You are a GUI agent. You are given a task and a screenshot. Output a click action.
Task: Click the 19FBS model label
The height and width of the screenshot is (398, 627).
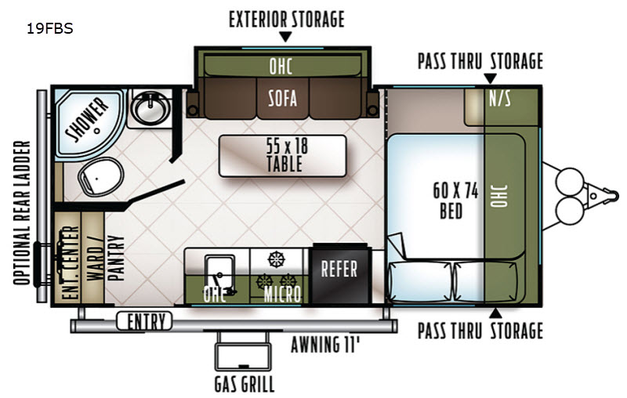click(50, 29)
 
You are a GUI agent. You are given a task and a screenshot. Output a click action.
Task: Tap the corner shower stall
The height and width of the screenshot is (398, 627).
click(88, 122)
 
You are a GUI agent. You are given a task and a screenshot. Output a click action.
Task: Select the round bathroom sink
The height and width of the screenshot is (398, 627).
click(150, 107)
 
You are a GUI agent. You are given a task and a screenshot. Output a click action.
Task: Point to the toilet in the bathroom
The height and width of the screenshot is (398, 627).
click(100, 176)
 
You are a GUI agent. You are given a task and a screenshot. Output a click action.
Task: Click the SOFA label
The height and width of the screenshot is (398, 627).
click(283, 98)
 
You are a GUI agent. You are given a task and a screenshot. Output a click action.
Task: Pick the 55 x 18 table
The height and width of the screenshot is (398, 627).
click(283, 156)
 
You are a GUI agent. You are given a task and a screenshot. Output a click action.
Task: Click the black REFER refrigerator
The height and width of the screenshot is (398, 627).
click(340, 273)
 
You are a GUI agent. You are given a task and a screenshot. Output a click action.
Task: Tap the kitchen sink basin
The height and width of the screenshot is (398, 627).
click(219, 272)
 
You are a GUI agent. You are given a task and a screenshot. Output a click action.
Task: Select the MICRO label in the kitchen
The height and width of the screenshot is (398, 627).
click(282, 295)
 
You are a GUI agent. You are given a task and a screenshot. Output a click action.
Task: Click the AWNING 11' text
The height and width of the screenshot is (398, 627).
click(325, 345)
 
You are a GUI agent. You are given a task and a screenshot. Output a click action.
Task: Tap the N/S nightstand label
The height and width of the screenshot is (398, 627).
click(500, 98)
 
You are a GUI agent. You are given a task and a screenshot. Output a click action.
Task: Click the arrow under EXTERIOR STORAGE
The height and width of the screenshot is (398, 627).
click(285, 37)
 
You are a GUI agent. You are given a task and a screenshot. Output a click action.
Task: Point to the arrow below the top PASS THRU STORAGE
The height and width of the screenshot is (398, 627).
click(491, 78)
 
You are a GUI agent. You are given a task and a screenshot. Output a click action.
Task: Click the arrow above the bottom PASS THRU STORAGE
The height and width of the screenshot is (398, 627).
click(495, 313)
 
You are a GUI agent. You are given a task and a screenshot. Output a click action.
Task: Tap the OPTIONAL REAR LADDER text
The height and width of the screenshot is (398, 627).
click(22, 213)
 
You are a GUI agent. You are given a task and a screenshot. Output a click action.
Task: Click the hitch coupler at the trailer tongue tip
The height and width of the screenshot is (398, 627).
click(611, 196)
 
